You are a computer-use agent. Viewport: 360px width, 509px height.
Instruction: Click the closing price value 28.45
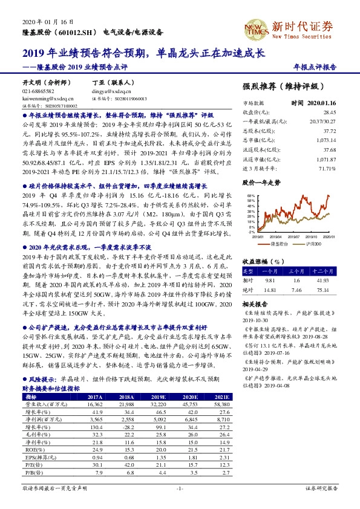pos(329,112)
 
